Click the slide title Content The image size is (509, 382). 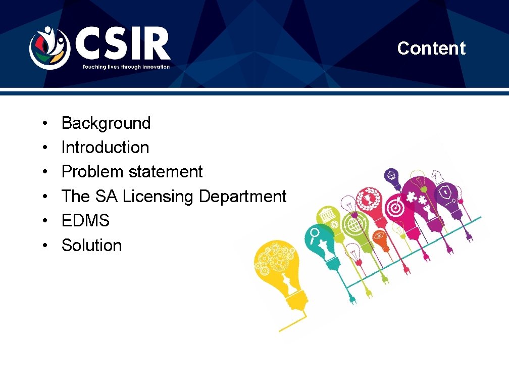[431, 49]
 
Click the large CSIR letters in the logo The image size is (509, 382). [123, 45]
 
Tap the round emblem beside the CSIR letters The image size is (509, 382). [48, 47]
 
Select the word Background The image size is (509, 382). [106, 123]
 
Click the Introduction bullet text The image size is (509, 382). [105, 148]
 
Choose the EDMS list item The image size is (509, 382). [85, 221]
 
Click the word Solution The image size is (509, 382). [91, 246]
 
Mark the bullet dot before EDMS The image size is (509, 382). [45, 221]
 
